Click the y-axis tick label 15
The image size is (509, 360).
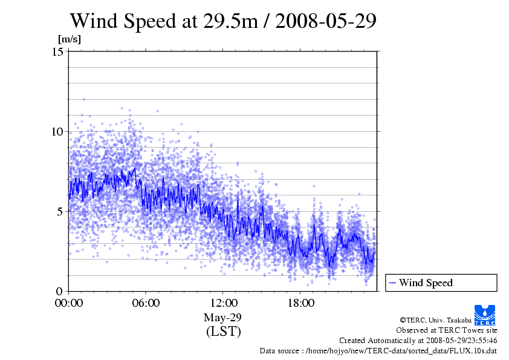[58, 52]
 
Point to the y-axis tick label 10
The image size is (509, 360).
[58, 131]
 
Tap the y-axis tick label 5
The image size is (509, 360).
[61, 211]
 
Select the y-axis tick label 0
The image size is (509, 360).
[61, 291]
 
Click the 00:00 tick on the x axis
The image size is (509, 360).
[69, 303]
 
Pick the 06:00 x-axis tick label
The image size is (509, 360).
[146, 303]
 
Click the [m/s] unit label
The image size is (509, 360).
[69, 39]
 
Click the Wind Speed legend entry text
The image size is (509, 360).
[426, 283]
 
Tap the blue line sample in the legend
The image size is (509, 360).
[392, 283]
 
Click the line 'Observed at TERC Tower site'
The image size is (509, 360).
[446, 330]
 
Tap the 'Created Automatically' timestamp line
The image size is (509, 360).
[418, 340]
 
